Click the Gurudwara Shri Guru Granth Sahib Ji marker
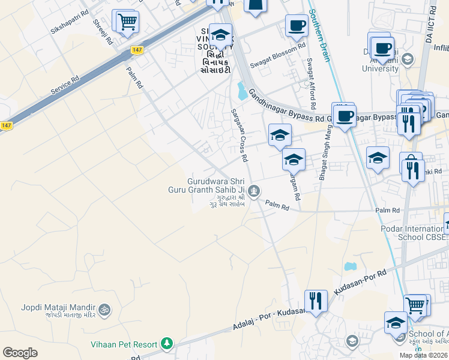click(255, 191)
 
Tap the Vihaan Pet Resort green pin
click(166, 344)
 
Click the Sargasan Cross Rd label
click(239, 136)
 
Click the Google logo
click(20, 353)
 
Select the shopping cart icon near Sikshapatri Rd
click(127, 22)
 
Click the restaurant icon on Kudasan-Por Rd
click(315, 299)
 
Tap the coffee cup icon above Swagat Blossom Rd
click(296, 25)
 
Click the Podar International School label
click(414, 232)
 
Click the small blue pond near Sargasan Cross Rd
click(243, 91)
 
